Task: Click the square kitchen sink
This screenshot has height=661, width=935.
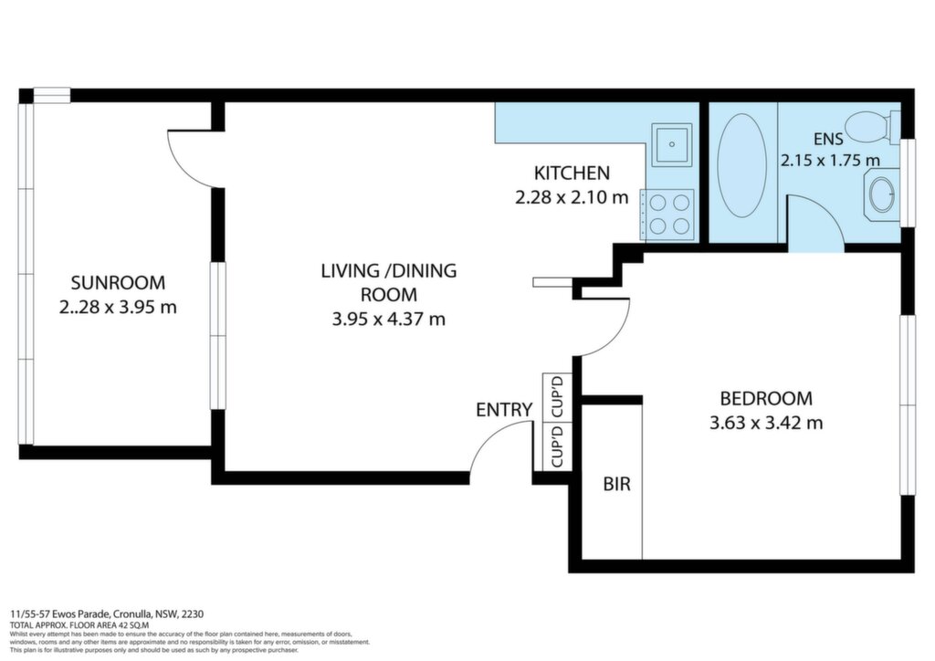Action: [671, 144]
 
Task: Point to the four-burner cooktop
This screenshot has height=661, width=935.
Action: [667, 215]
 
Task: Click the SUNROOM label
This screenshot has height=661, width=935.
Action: [118, 282]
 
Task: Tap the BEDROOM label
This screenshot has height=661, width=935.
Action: [766, 397]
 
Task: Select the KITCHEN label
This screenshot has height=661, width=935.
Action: [572, 173]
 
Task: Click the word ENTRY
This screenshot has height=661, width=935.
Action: [504, 410]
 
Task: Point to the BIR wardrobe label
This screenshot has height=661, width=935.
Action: [616, 483]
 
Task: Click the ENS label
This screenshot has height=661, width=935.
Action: [828, 139]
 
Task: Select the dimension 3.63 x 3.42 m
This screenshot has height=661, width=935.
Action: [766, 424]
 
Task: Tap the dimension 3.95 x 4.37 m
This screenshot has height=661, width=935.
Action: [389, 320]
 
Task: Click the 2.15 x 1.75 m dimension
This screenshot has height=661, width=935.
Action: [831, 161]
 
